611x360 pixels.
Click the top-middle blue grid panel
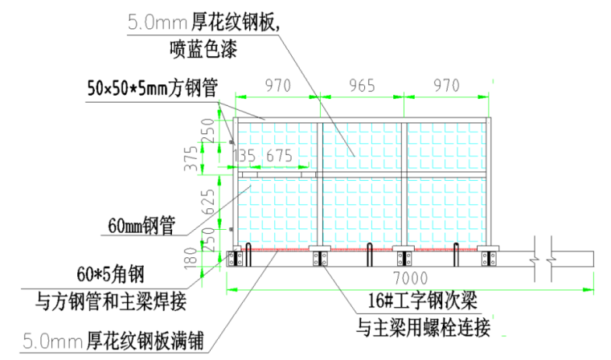click(x=361, y=146)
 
